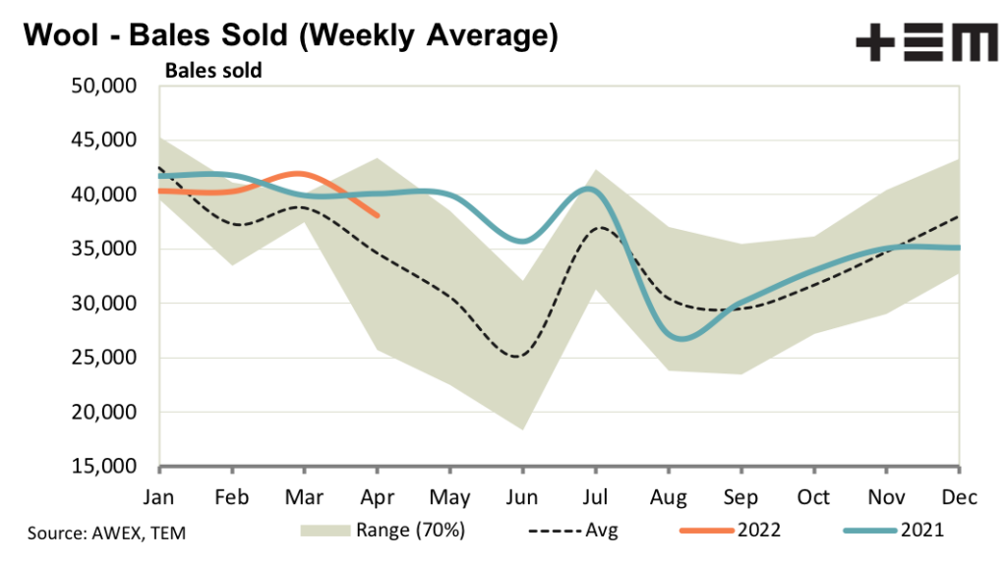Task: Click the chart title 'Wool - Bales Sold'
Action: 290,35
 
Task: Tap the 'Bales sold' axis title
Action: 213,71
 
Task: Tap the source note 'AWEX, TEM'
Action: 106,533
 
